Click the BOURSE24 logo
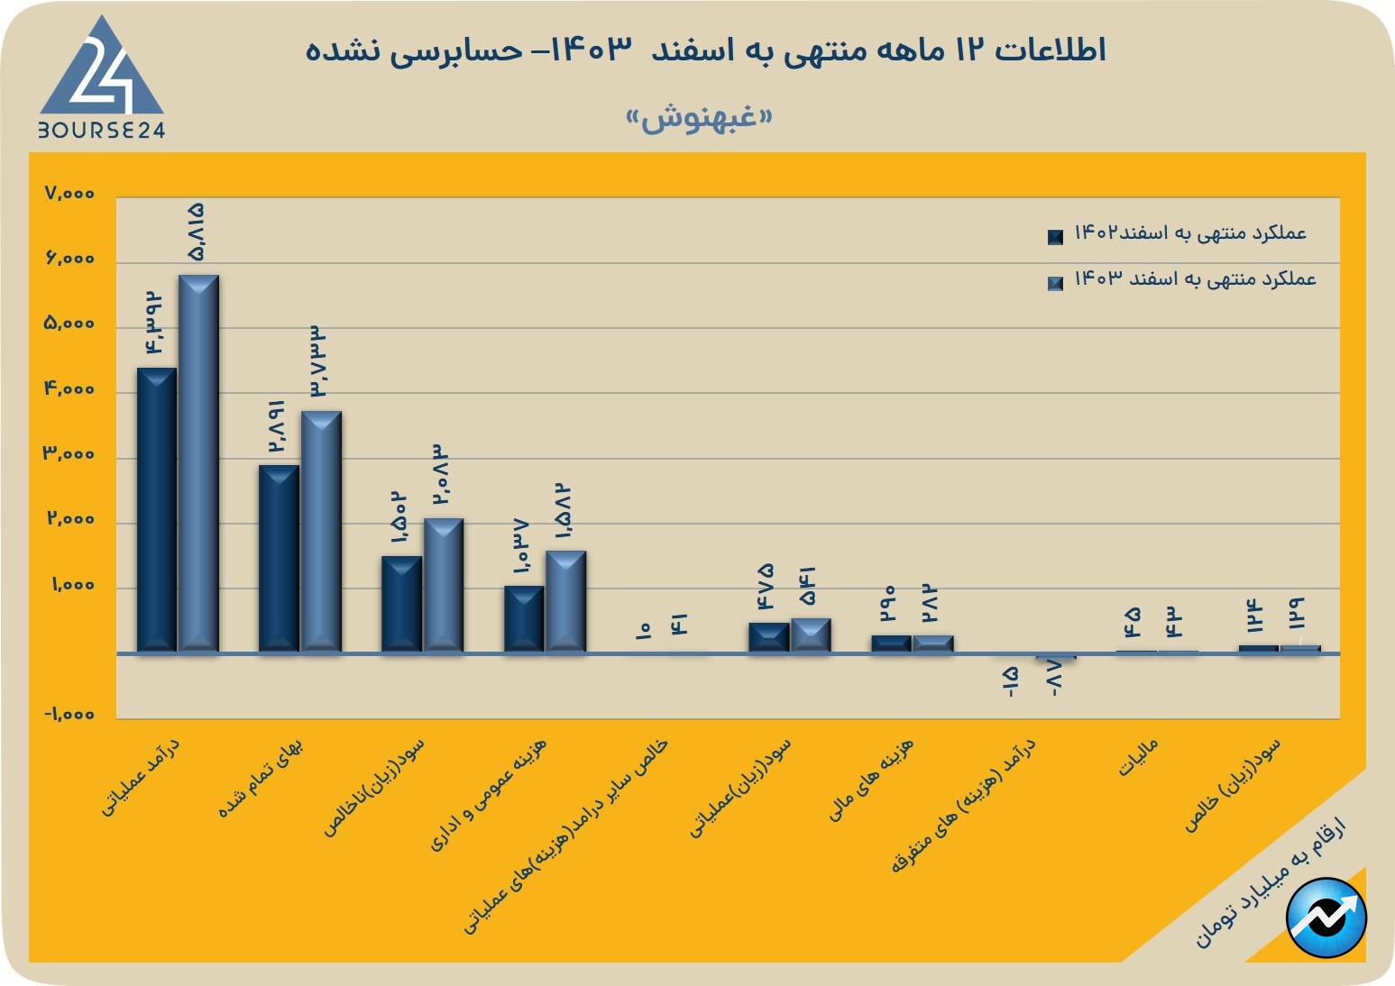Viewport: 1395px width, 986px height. (x=101, y=81)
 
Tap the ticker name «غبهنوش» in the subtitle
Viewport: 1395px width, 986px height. (x=700, y=119)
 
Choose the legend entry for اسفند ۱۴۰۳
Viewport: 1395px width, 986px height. (x=1183, y=279)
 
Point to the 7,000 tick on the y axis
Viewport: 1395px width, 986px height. (x=69, y=194)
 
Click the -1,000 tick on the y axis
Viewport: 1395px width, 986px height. (x=69, y=715)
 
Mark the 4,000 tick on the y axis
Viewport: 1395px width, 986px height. (x=69, y=389)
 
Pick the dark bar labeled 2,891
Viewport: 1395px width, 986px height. (x=279, y=558)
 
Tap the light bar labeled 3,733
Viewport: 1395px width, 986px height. (x=321, y=531)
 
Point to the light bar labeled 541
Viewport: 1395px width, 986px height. (x=811, y=635)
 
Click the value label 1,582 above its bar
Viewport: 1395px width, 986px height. (x=564, y=513)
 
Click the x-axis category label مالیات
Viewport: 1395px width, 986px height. (x=1138, y=758)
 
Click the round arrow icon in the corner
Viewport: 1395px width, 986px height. (x=1326, y=918)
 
